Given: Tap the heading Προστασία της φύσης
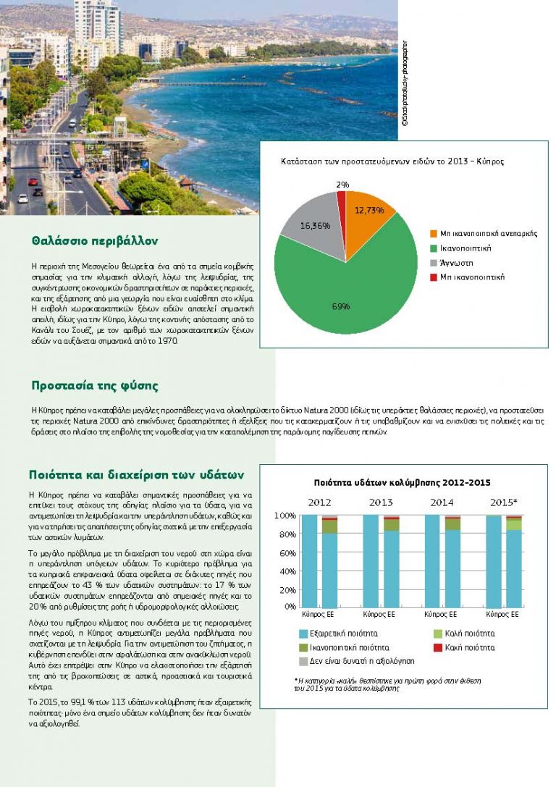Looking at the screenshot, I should [95, 385].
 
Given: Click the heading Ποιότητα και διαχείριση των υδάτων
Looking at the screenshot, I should [136, 475].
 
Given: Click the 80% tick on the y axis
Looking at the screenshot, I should [287, 534].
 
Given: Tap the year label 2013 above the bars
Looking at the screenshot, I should [381, 502].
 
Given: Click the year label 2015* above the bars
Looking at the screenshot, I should [504, 502].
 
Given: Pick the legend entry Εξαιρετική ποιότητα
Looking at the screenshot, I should [342, 633].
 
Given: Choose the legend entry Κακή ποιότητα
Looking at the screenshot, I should [470, 647].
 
